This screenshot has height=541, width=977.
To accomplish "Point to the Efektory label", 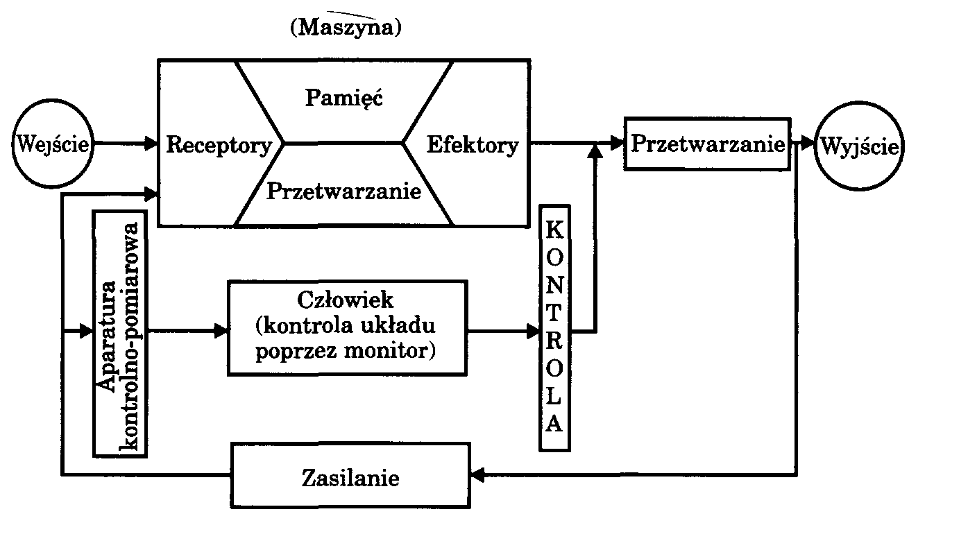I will [x=472, y=145].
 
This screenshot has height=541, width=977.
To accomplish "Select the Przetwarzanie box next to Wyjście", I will [x=707, y=144].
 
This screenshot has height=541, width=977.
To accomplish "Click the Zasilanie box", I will [x=350, y=477].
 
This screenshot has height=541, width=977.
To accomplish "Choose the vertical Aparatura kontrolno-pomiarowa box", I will [x=121, y=333].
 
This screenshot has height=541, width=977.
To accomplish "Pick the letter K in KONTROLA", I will [x=554, y=229].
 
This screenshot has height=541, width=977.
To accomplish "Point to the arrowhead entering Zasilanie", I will [x=477, y=475].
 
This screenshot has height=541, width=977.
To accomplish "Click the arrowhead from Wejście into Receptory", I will [x=152, y=144].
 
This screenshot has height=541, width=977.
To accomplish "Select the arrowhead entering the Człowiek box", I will [x=221, y=332].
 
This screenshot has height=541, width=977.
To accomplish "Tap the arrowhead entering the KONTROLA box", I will [x=534, y=332].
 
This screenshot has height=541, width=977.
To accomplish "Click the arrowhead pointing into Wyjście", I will [x=807, y=144].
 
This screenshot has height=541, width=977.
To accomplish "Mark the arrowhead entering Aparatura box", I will [x=86, y=332].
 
